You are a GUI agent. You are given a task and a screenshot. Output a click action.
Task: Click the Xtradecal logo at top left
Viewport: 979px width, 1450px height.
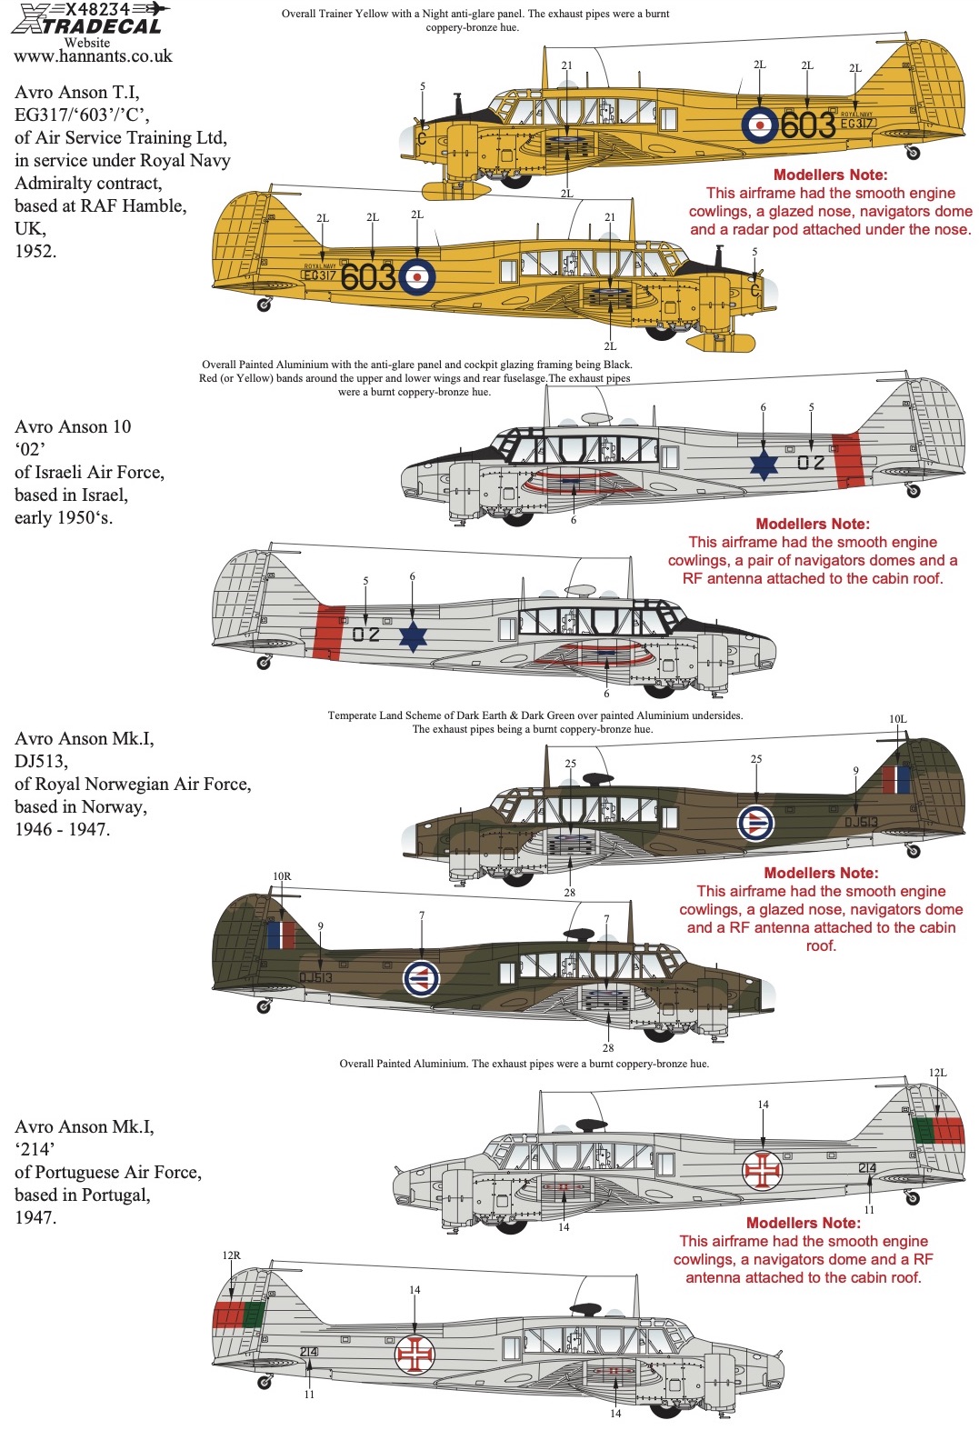[x=88, y=19]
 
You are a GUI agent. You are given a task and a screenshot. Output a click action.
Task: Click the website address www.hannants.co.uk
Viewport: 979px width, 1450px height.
[x=93, y=56]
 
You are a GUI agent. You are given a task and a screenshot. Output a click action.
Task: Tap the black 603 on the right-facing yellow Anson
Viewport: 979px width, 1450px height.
[x=807, y=125]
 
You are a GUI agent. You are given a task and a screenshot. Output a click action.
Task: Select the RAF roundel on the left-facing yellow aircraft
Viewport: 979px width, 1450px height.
[x=416, y=276]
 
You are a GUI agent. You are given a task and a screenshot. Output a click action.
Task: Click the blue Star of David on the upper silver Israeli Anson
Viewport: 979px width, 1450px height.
[x=764, y=464]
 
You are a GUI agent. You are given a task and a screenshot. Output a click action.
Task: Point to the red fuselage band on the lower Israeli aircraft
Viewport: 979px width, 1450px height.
[x=328, y=631]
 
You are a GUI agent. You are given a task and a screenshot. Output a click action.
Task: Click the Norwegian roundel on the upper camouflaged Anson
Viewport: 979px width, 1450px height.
[x=755, y=823]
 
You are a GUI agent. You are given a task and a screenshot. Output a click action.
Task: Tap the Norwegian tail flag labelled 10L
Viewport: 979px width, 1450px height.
[x=896, y=780]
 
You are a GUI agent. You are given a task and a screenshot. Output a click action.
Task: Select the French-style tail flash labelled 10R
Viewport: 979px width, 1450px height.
[x=281, y=935]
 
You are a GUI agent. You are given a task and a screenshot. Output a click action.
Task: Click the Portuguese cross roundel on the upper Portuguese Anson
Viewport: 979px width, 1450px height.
[x=763, y=1171]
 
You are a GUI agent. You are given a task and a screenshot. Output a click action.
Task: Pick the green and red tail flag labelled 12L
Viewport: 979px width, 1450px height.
[x=937, y=1131]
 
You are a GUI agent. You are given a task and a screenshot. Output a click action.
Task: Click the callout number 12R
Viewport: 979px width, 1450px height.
[x=232, y=1255]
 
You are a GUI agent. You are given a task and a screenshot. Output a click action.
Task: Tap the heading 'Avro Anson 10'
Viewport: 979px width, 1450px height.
[x=73, y=426]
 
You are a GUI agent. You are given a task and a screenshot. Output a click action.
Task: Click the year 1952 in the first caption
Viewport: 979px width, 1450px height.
[x=35, y=251]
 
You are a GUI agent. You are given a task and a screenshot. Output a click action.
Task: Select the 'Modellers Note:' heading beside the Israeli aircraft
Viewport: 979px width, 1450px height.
[x=812, y=524]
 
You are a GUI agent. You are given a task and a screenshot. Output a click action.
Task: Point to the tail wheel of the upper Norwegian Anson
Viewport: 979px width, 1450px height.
[x=914, y=851]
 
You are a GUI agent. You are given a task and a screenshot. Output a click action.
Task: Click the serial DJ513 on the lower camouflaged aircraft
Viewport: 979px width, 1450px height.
[x=316, y=977]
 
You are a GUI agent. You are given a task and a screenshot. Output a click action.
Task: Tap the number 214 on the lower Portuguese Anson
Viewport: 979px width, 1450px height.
[x=309, y=1352]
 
